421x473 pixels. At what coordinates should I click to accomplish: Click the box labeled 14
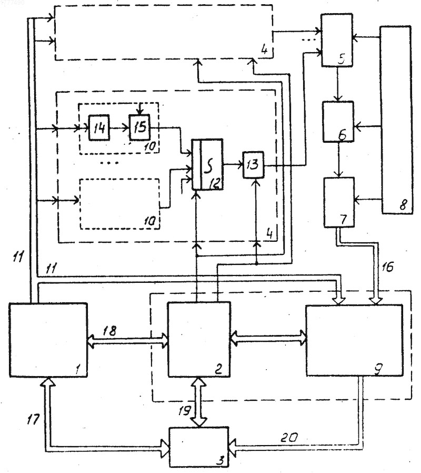pyautogui.click(x=99, y=127)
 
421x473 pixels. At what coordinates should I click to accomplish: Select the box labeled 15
pyautogui.click(x=139, y=127)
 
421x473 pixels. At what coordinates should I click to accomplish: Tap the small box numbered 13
pyautogui.click(x=253, y=165)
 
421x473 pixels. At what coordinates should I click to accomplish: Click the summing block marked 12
pyautogui.click(x=208, y=164)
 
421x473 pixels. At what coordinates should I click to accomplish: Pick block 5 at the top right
pyautogui.click(x=337, y=40)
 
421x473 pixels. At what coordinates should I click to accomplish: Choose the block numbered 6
pyautogui.click(x=338, y=122)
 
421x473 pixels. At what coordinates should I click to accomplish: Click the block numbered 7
pyautogui.click(x=339, y=202)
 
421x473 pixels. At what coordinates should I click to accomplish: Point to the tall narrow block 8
pyautogui.click(x=396, y=120)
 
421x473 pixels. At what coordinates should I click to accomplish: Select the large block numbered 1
pyautogui.click(x=48, y=340)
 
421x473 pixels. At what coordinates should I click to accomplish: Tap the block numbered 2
pyautogui.click(x=199, y=339)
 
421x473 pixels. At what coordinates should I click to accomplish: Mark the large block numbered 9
pyautogui.click(x=354, y=340)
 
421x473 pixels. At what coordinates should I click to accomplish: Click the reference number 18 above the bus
pyautogui.click(x=109, y=331)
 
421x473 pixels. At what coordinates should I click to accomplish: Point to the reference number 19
pyautogui.click(x=184, y=410)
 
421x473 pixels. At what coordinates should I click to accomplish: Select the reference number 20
pyautogui.click(x=289, y=437)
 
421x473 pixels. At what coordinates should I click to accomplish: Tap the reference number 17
pyautogui.click(x=33, y=419)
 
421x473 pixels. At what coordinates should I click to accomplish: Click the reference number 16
pyautogui.click(x=387, y=267)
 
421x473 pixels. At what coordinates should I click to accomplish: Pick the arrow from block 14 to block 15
pyautogui.click(x=119, y=127)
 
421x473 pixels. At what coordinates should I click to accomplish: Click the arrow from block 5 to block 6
pyautogui.click(x=337, y=84)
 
